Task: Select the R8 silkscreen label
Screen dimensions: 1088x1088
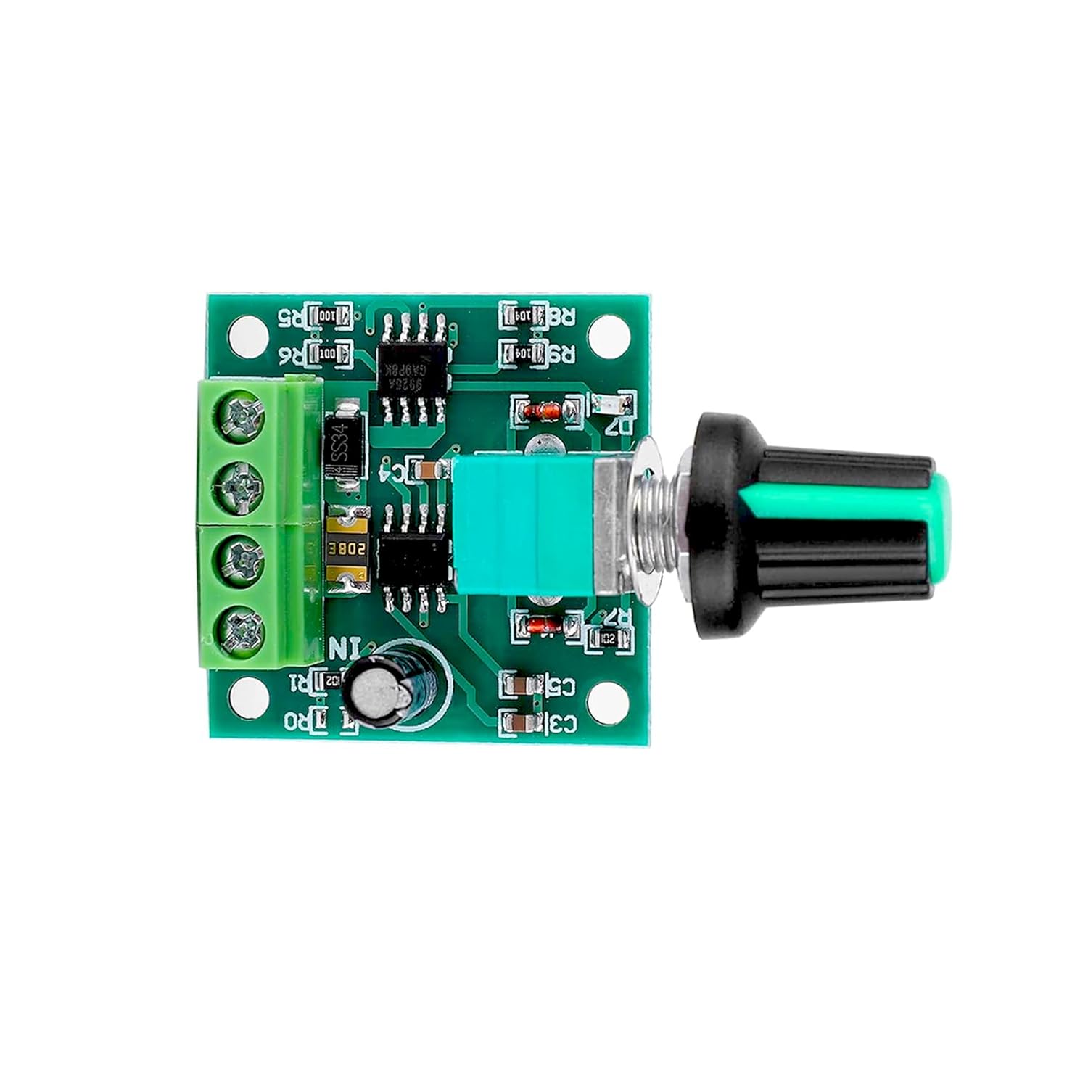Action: pos(561,317)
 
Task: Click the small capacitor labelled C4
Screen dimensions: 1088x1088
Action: pos(427,471)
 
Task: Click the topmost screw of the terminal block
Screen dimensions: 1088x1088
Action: pos(240,419)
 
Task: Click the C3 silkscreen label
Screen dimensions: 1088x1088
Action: pos(561,722)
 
